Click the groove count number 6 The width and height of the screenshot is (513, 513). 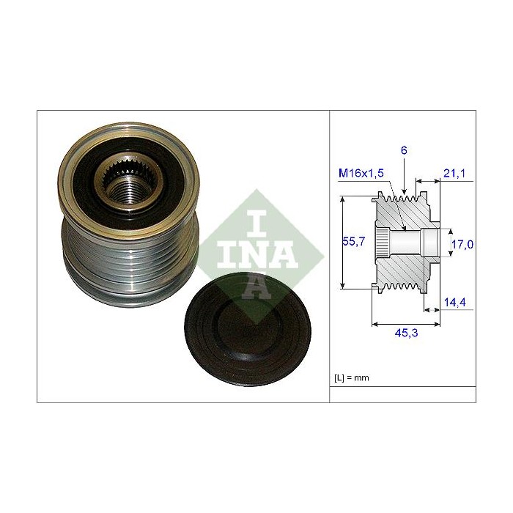tap(403, 150)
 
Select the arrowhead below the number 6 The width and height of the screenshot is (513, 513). tap(403, 192)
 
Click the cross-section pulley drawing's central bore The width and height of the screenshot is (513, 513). tap(407, 242)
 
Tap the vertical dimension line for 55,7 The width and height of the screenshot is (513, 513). tap(344, 242)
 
